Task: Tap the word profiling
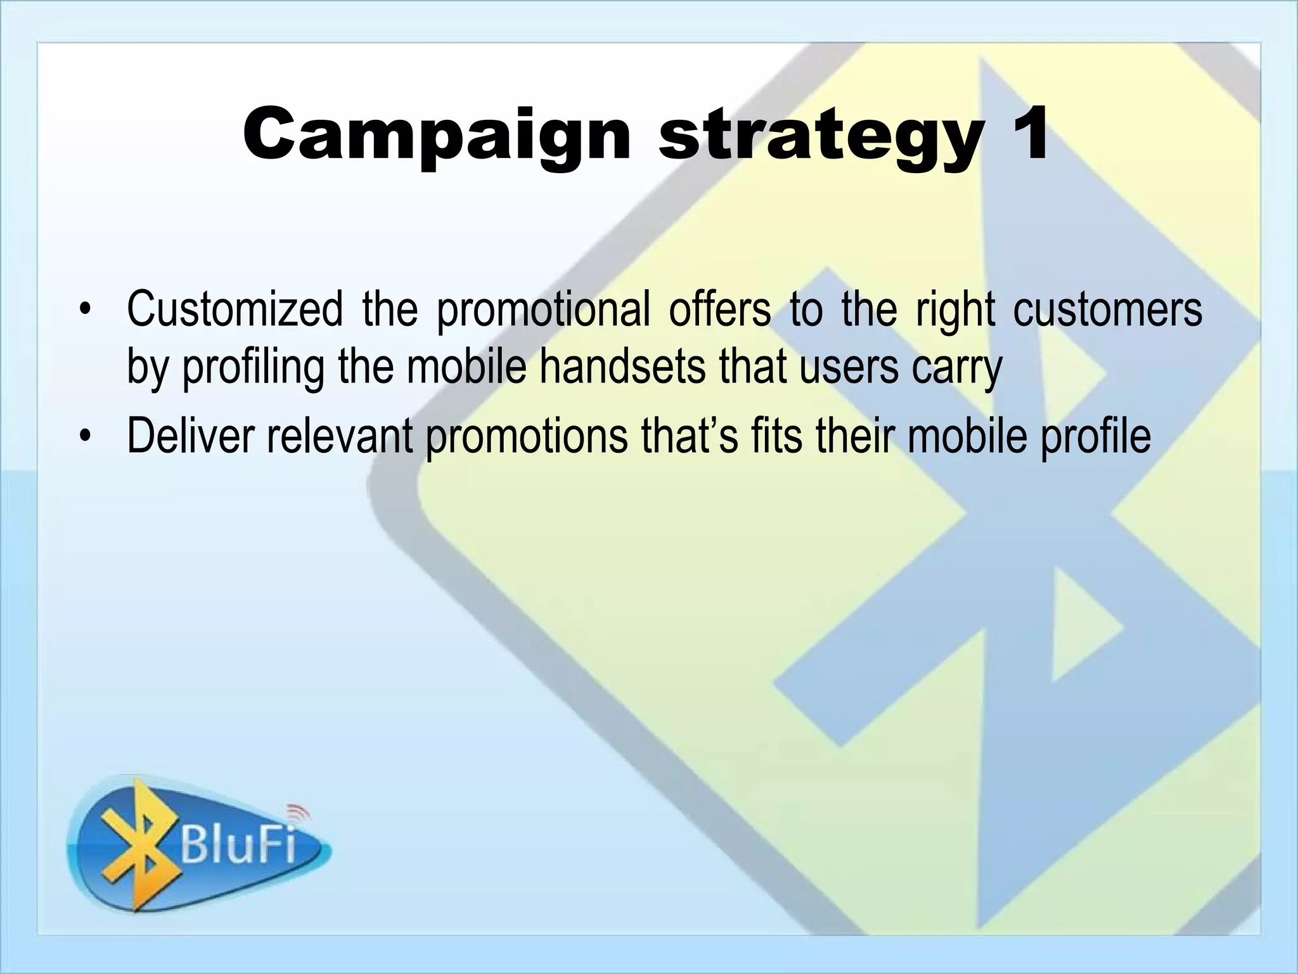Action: (x=253, y=368)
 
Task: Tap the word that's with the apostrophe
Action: (x=690, y=436)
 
